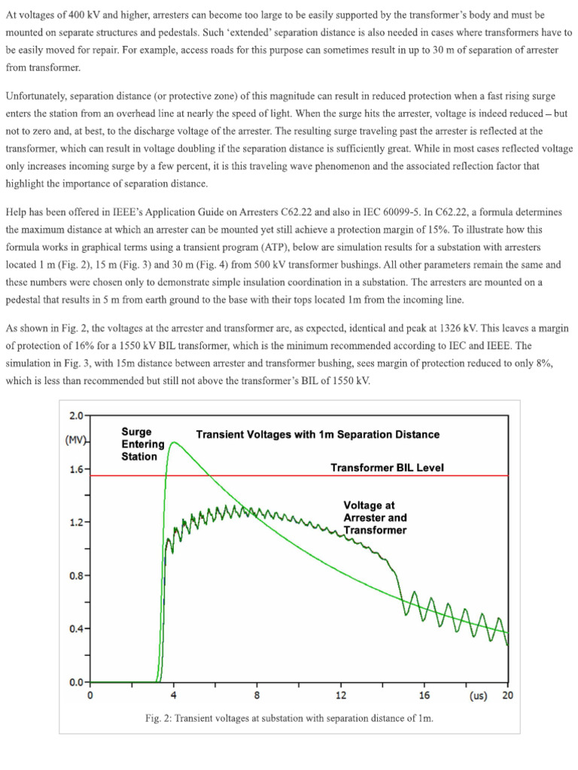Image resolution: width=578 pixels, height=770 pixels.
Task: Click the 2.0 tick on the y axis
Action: click(78, 415)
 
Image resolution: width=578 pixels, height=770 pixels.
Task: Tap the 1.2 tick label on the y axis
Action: click(78, 522)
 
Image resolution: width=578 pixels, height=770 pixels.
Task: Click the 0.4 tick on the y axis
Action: click(78, 629)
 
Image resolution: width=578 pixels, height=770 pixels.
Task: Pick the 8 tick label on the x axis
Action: click(257, 696)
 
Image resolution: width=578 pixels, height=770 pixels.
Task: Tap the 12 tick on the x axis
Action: click(341, 696)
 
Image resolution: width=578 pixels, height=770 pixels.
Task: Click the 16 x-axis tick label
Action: click(424, 696)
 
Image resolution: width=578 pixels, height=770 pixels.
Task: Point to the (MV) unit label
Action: click(77, 441)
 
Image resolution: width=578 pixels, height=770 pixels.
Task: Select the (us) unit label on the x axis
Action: click(479, 696)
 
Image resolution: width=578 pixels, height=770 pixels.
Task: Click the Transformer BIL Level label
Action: click(387, 468)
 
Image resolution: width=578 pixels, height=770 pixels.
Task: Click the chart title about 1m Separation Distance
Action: click(318, 435)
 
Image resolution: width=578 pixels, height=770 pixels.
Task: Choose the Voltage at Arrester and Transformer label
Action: click(375, 518)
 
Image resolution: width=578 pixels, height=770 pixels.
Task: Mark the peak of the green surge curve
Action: click(174, 442)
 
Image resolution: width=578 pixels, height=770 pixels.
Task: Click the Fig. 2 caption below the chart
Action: click(289, 718)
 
